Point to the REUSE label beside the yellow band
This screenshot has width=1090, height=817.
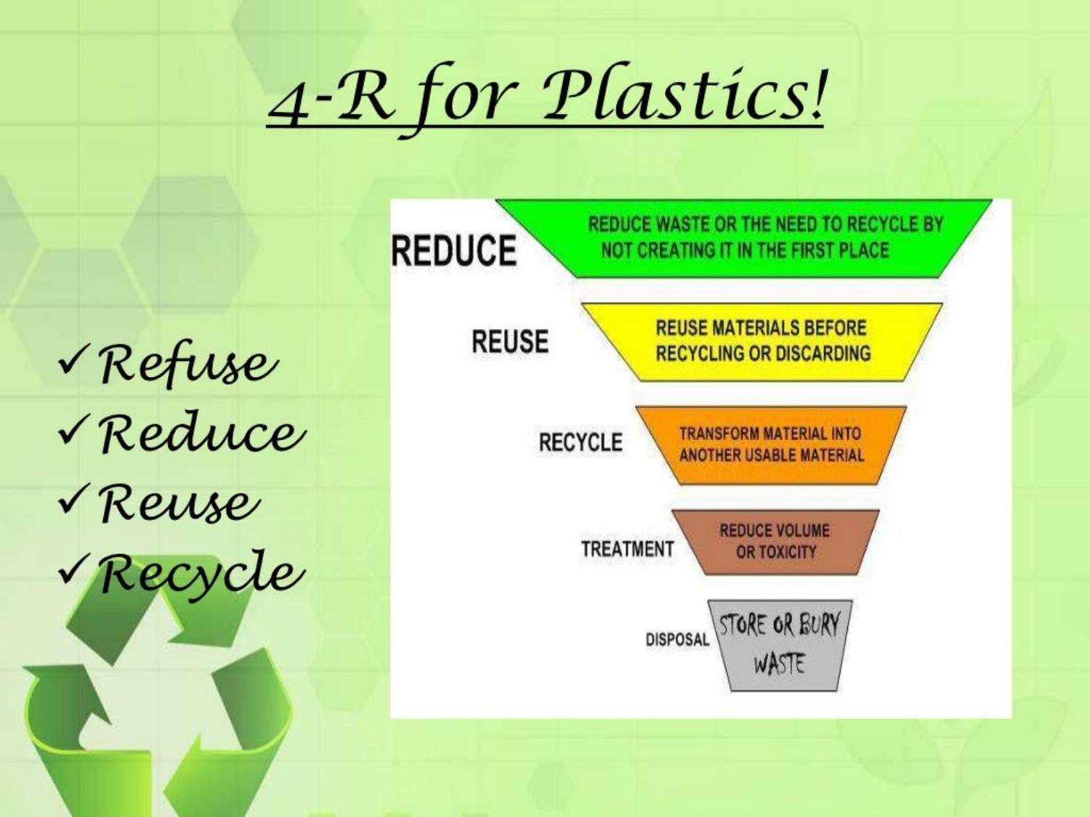pos(510,341)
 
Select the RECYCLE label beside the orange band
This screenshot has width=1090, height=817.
pos(581,442)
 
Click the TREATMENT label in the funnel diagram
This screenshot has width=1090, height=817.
pos(627,549)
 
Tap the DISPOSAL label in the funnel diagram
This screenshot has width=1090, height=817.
pos(677,639)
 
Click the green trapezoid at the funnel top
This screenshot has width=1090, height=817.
pos(743,238)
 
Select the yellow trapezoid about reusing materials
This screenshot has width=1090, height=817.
pos(762,342)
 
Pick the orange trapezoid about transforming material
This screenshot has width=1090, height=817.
pos(771,445)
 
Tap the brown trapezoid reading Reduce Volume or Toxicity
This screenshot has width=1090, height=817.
pos(775,542)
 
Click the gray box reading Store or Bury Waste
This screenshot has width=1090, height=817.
pos(780,646)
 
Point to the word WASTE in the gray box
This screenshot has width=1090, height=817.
pos(778,664)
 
